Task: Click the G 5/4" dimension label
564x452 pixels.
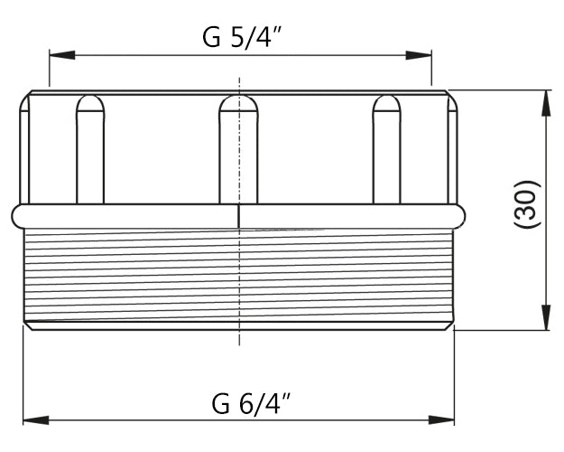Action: click(x=238, y=37)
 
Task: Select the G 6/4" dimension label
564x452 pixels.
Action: click(x=238, y=401)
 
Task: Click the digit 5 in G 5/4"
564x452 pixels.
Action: click(x=236, y=38)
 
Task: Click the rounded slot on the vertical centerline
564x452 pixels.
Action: click(x=238, y=149)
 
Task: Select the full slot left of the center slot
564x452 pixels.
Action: click(x=90, y=149)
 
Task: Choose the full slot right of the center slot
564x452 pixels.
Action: click(x=387, y=149)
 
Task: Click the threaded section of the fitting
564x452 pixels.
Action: click(x=238, y=276)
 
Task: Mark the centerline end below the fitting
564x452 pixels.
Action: click(x=238, y=342)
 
